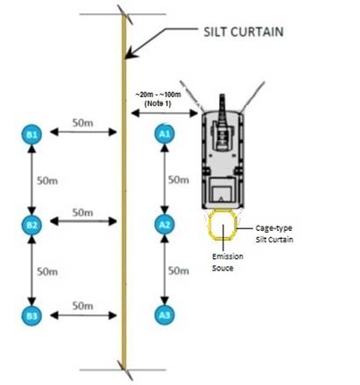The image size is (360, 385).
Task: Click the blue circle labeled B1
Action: pyautogui.click(x=32, y=135)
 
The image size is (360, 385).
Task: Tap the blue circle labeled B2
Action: pyautogui.click(x=32, y=225)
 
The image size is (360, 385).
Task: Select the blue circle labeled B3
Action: pyautogui.click(x=32, y=316)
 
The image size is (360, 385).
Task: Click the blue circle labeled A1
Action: pyautogui.click(x=165, y=134)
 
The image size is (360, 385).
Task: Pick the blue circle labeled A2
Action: pyautogui.click(x=165, y=224)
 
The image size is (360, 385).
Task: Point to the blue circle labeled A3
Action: pyautogui.click(x=165, y=315)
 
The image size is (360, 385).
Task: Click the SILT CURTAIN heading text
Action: pyautogui.click(x=244, y=31)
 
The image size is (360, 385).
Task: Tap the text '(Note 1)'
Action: pyautogui.click(x=158, y=103)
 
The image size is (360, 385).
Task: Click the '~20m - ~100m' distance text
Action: pyautogui.click(x=158, y=94)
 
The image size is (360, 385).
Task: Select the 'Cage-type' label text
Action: pyautogui.click(x=274, y=228)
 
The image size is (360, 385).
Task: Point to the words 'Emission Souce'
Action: pyautogui.click(x=228, y=262)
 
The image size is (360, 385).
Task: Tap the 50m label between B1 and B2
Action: pyautogui.click(x=47, y=181)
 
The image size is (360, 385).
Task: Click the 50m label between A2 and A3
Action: pyautogui.click(x=179, y=271)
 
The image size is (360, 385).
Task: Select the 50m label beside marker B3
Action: pyautogui.click(x=83, y=306)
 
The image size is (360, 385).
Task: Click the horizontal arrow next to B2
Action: pyautogui.click(x=83, y=221)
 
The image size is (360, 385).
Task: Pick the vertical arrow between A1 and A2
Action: pyautogui.click(x=165, y=179)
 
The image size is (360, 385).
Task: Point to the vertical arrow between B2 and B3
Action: pyautogui.click(x=32, y=270)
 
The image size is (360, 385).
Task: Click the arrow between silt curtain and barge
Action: pyautogui.click(x=165, y=113)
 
